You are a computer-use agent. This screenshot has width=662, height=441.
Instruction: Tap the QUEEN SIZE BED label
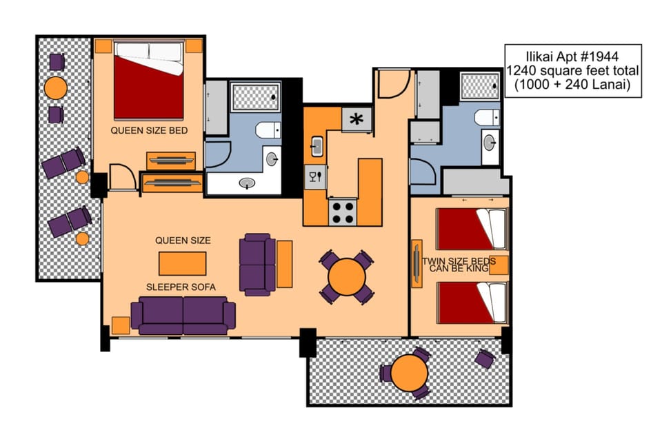[149, 130]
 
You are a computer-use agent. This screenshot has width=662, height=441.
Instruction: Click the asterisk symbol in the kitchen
[357, 119]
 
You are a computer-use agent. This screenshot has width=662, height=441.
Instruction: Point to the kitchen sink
[317, 145]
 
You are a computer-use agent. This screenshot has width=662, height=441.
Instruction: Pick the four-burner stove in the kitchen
[342, 212]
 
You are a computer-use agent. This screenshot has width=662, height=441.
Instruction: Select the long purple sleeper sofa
[183, 315]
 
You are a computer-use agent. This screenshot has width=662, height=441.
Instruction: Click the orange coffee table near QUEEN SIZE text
[182, 263]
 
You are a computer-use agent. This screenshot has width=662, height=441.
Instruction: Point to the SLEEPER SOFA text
[183, 285]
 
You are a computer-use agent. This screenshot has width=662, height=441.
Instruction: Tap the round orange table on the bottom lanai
[410, 373]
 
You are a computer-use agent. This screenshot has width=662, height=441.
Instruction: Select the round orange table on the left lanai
[55, 88]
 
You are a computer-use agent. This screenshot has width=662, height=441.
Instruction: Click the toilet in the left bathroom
[267, 130]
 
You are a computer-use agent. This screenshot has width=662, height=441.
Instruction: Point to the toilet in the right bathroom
[487, 117]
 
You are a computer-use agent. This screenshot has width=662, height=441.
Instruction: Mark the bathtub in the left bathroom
[255, 97]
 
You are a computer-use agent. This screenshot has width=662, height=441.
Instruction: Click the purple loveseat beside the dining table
[257, 265]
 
